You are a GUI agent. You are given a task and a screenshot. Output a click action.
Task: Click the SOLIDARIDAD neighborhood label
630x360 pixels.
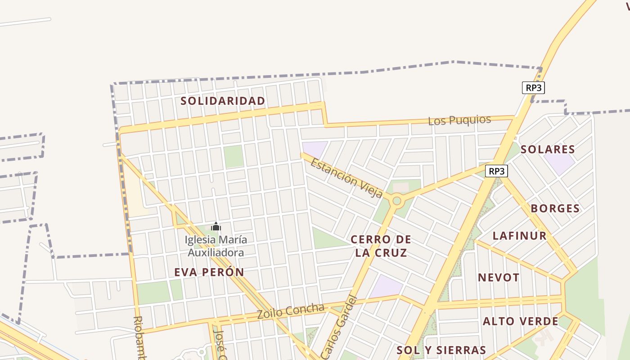click(x=223, y=101)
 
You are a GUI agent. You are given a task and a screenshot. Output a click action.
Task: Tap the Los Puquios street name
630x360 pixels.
click(x=459, y=120)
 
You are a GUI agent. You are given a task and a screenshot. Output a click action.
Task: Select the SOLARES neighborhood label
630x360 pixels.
click(x=548, y=149)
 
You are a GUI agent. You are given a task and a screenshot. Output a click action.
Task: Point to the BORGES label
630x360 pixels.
click(x=555, y=208)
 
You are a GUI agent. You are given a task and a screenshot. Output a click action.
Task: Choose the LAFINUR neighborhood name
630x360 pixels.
click(x=519, y=235)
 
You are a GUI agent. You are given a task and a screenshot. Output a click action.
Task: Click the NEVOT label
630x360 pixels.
click(x=499, y=277)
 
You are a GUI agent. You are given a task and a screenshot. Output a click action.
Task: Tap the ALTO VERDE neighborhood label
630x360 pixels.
click(x=520, y=321)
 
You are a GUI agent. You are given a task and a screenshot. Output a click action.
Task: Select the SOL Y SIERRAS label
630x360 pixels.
click(x=441, y=350)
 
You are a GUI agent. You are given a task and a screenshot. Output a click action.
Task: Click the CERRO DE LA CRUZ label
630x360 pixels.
click(x=381, y=246)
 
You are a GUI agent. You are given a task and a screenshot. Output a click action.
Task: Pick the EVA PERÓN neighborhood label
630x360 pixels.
click(x=209, y=272)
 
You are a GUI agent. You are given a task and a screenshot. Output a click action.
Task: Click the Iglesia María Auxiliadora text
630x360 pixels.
click(x=216, y=246)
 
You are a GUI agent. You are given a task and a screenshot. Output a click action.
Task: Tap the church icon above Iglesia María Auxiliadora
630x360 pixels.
click(x=216, y=226)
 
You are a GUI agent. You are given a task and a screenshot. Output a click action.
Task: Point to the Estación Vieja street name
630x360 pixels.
click(x=346, y=178)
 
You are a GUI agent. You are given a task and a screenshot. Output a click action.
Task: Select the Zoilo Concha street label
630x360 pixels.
click(x=291, y=311)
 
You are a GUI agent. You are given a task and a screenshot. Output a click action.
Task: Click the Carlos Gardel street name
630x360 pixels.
click(x=341, y=326)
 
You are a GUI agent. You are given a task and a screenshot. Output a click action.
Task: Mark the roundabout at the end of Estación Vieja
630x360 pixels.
click(x=396, y=201)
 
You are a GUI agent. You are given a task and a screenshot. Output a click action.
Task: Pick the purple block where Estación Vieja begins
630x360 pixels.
click(x=315, y=149)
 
